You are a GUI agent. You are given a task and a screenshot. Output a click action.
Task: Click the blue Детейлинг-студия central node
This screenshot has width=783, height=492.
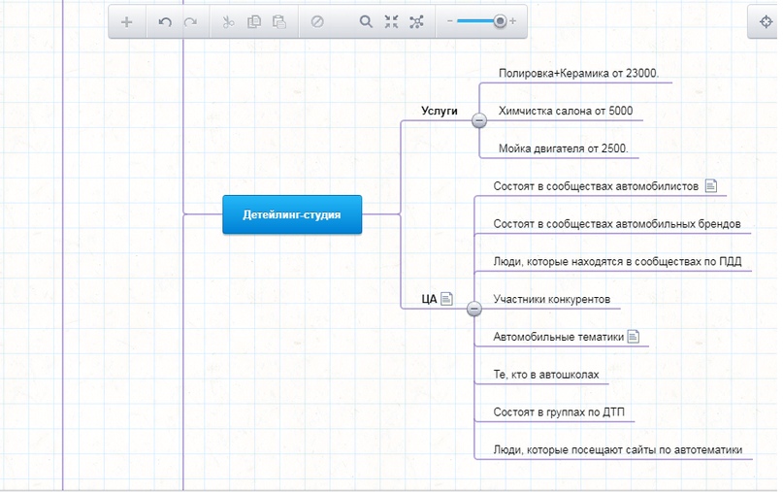292,214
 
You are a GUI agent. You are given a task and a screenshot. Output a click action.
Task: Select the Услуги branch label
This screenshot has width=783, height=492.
439,111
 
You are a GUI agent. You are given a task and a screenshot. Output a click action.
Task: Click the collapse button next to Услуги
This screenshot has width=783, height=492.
479,120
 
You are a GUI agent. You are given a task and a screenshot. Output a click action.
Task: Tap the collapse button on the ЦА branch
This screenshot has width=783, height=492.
473,309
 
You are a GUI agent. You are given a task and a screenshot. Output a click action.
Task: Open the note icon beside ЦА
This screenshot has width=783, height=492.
447,299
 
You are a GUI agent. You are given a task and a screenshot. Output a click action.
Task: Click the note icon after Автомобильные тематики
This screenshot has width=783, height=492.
634,337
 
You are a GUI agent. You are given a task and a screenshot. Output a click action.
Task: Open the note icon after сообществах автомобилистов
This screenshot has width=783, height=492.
711,185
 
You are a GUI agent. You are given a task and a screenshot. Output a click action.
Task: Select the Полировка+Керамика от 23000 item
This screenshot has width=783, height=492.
578,74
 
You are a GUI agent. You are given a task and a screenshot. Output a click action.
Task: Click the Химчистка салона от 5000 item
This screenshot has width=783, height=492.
566,111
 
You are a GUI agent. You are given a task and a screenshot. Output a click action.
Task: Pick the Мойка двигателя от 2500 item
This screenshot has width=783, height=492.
564,148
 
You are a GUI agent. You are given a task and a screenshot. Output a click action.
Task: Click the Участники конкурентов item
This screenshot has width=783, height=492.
552,299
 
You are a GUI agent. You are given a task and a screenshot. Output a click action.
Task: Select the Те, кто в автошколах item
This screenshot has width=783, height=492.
546,375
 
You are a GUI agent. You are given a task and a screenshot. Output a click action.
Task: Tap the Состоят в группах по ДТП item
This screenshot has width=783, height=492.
559,412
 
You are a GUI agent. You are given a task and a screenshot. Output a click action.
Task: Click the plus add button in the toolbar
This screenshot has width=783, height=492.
127,22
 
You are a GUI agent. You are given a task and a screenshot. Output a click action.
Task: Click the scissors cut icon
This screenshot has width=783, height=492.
228,22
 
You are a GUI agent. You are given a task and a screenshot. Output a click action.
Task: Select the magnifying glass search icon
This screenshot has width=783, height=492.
366,21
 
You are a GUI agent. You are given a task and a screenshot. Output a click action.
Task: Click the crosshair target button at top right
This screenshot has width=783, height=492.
766,22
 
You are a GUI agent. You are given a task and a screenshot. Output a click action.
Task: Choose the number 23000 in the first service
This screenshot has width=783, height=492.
641,74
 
